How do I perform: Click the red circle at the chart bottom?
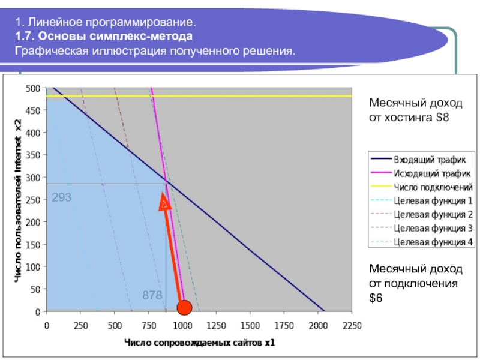click(184, 307)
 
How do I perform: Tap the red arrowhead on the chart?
click(164, 202)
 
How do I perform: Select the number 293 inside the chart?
click(62, 197)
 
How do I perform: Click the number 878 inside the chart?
click(152, 295)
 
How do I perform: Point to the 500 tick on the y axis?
click(33, 89)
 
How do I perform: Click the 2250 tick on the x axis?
click(352, 326)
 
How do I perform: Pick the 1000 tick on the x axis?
click(182, 326)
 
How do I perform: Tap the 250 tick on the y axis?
click(33, 200)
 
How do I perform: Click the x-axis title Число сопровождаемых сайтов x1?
click(200, 343)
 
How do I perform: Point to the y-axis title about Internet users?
click(19, 201)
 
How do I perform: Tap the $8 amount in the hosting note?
click(443, 117)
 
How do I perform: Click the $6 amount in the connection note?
click(376, 298)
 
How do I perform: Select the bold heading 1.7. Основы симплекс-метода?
click(104, 36)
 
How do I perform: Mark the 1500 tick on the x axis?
click(250, 326)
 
